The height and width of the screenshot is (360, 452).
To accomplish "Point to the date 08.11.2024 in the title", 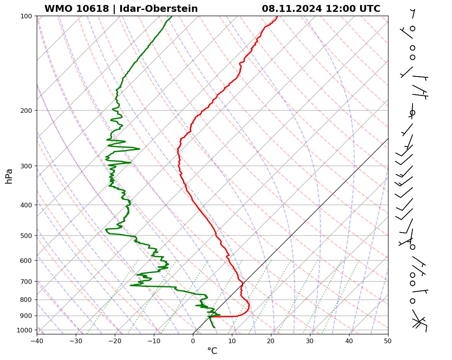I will click(292, 9).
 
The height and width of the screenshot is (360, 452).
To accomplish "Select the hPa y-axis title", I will click(9, 176).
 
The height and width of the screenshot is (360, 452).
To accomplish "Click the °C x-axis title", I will click(212, 351).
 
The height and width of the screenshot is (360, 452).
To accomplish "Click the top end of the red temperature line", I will click(277, 16).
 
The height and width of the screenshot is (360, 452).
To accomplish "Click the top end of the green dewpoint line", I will click(171, 16).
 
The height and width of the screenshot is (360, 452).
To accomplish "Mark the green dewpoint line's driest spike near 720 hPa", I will click(131, 285).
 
